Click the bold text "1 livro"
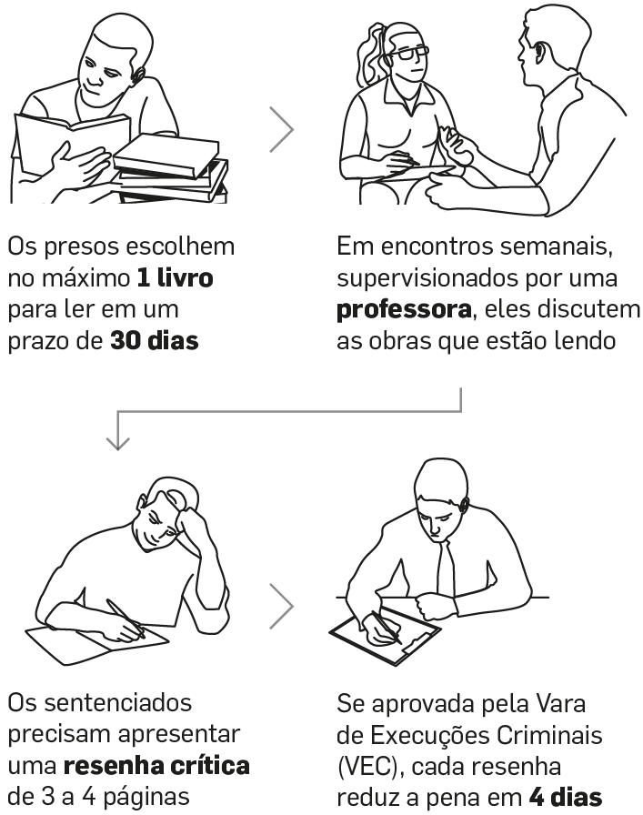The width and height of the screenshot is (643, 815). click(x=176, y=278)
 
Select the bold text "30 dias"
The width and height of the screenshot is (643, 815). click(x=155, y=341)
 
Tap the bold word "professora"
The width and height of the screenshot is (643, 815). click(x=404, y=310)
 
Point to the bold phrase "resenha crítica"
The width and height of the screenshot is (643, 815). click(x=156, y=766)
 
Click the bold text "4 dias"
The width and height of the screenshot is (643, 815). click(x=566, y=797)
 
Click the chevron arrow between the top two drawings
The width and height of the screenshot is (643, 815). click(x=282, y=129)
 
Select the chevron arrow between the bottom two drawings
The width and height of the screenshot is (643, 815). click(x=282, y=606)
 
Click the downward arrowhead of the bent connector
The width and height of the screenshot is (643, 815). click(x=118, y=443)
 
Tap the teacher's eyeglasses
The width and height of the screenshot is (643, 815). click(x=409, y=53)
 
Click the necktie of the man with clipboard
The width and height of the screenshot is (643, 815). click(x=446, y=568)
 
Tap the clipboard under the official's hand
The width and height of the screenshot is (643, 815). click(x=385, y=635)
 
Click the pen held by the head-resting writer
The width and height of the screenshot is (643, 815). click(x=126, y=618)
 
